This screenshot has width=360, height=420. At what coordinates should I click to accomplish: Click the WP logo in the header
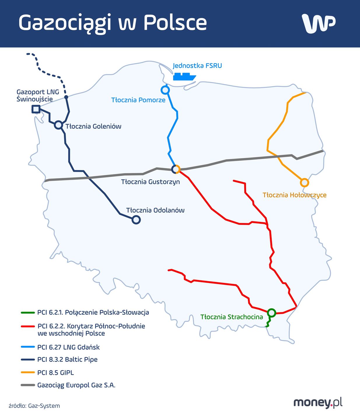pyautogui.click(x=319, y=23)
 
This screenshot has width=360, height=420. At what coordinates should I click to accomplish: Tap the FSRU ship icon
pyautogui.click(x=184, y=77)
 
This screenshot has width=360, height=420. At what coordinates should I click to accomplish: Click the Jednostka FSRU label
pyautogui.click(x=197, y=66)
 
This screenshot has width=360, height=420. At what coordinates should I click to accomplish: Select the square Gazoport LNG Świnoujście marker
pyautogui.click(x=36, y=109)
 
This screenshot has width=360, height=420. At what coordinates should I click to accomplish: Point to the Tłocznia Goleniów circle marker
pyautogui.click(x=59, y=125)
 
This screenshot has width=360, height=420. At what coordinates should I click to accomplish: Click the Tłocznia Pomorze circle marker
pyautogui.click(x=165, y=90)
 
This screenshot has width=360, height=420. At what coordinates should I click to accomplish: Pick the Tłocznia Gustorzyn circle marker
pyautogui.click(x=176, y=169)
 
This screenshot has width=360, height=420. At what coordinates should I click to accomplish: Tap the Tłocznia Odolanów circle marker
pyautogui.click(x=136, y=220)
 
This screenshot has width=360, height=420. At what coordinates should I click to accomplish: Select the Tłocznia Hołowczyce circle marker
pyautogui.click(x=304, y=183)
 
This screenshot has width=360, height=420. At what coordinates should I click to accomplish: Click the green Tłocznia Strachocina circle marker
pyautogui.click(x=271, y=313)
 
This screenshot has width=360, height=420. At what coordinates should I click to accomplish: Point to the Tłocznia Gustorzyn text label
pyautogui.click(x=150, y=182)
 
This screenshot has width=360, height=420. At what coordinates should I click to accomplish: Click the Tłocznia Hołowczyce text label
pyautogui.click(x=294, y=195)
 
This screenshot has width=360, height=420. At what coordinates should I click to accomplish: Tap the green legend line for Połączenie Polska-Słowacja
pyautogui.click(x=28, y=313)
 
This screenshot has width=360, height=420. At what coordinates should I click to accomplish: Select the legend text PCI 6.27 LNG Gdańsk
pyautogui.click(x=68, y=347)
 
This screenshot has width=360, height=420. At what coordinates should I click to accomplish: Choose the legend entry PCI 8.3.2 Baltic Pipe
pyautogui.click(x=67, y=359)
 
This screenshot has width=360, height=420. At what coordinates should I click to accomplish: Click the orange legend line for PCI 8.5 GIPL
pyautogui.click(x=28, y=372)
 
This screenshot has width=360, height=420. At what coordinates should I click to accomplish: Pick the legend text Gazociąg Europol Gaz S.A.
pyautogui.click(x=76, y=385)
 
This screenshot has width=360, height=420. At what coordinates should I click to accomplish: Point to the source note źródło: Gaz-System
pyautogui.click(x=34, y=406)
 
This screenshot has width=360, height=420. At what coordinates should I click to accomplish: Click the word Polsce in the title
pyautogui.click(x=175, y=23)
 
